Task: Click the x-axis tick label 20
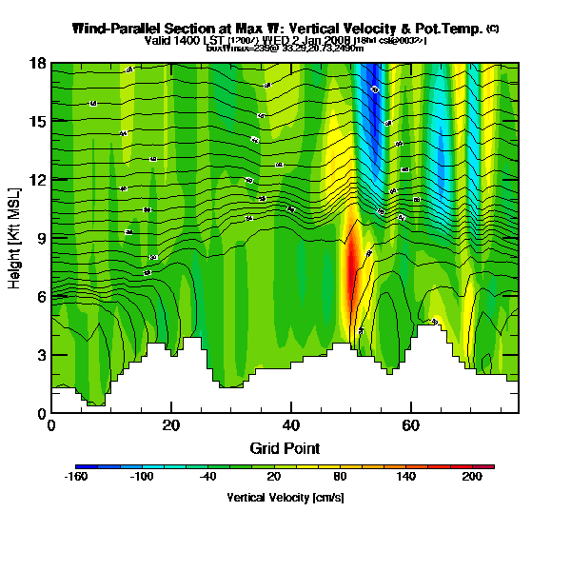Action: point(170,425)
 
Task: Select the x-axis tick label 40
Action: point(291,425)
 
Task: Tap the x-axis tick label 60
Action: point(411,425)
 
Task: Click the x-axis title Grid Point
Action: point(285,447)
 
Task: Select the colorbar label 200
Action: point(471,477)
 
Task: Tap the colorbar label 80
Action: point(341,477)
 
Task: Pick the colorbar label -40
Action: point(207,477)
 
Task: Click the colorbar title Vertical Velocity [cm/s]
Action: point(285,497)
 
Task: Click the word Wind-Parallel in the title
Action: point(114,29)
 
